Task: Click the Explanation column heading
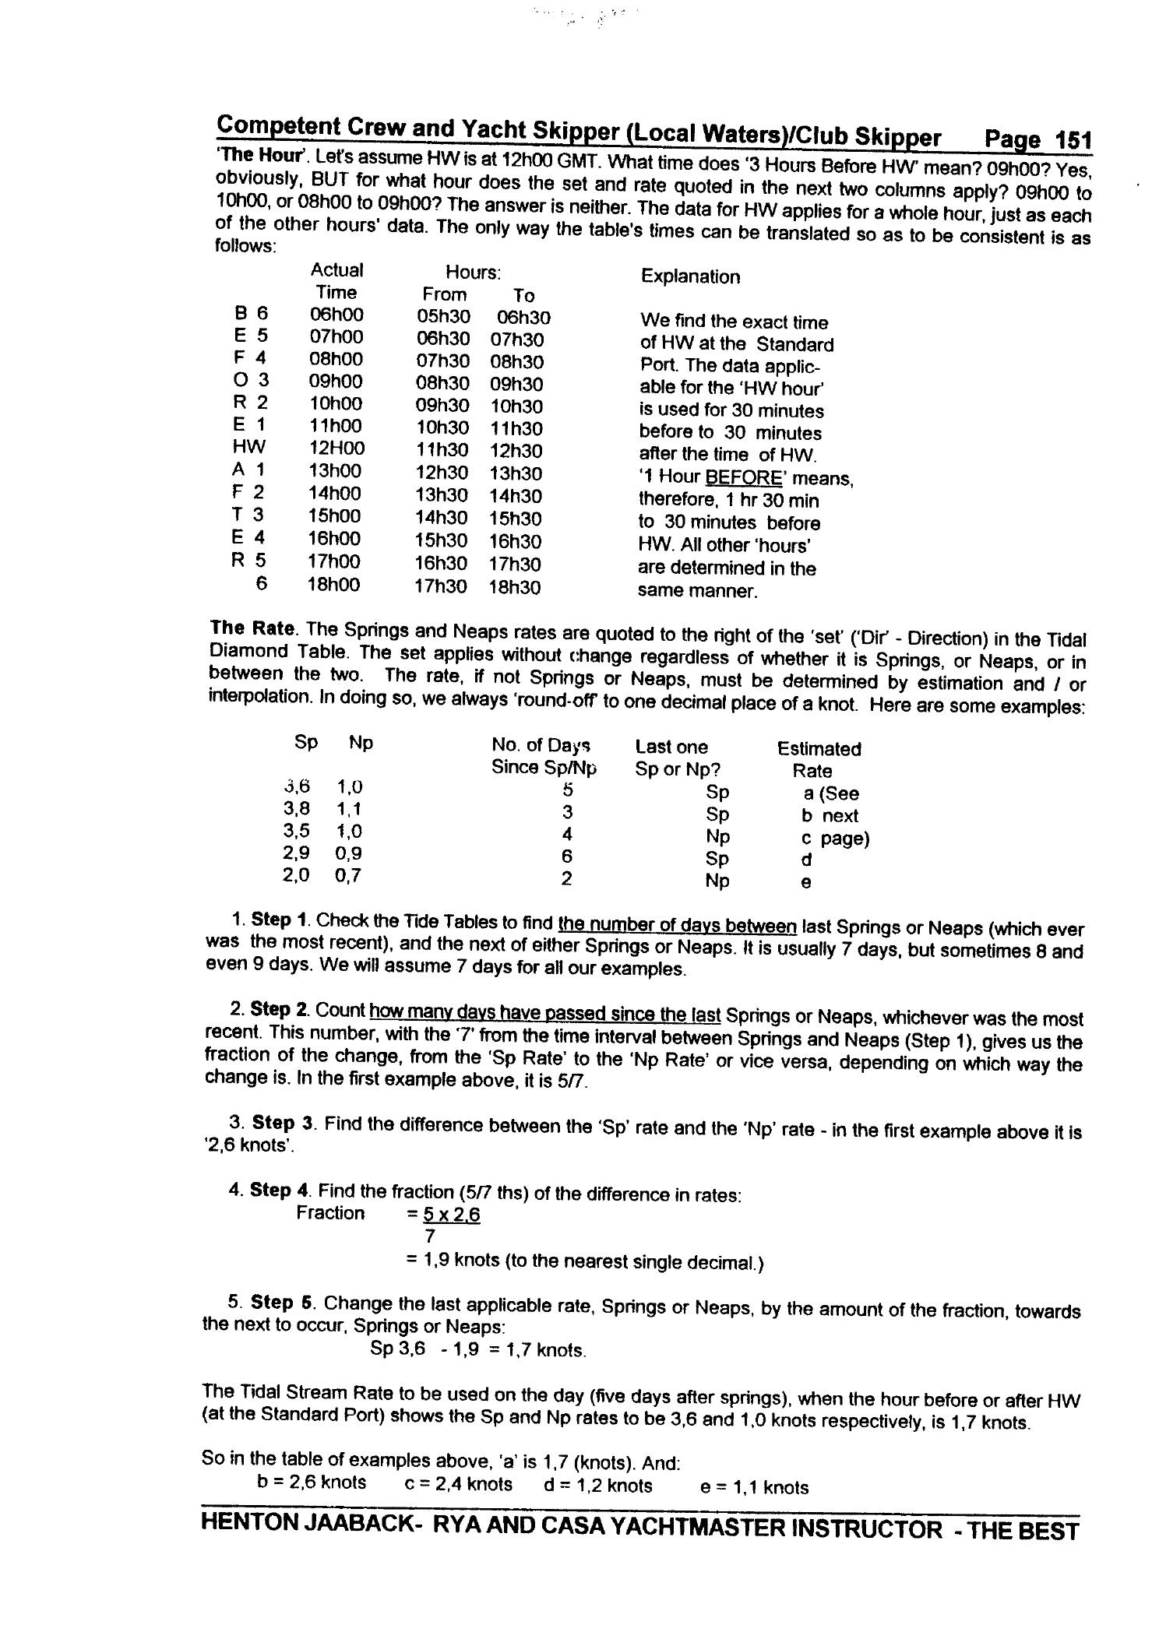click(x=690, y=276)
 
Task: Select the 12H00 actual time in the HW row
click(x=337, y=448)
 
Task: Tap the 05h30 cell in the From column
click(x=442, y=317)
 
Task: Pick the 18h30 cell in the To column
click(x=514, y=587)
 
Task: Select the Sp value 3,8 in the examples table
click(x=297, y=809)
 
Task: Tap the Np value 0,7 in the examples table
click(x=348, y=876)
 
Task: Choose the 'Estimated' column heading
click(x=819, y=749)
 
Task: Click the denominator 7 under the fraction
click(x=429, y=1236)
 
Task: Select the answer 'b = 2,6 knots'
click(x=312, y=1482)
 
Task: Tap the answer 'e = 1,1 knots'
click(x=754, y=1487)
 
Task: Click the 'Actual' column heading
click(x=336, y=270)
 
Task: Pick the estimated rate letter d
click(x=806, y=860)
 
